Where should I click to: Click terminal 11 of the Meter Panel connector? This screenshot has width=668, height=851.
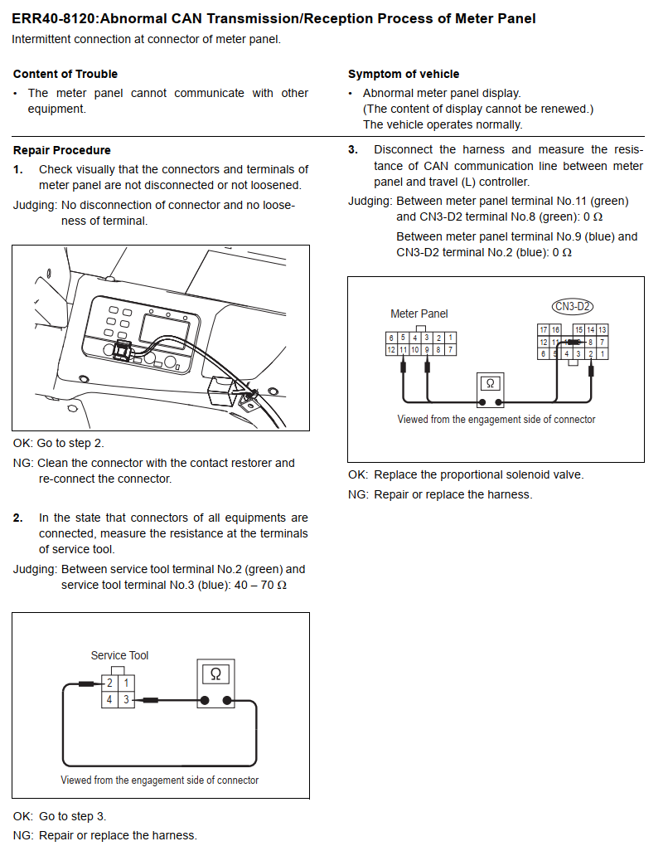[403, 350]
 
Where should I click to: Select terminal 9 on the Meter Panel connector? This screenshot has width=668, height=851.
[427, 350]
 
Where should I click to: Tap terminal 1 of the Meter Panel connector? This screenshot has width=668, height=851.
[450, 338]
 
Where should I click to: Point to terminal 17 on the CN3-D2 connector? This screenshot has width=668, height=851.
[544, 330]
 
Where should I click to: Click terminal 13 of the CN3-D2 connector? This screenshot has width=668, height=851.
[602, 330]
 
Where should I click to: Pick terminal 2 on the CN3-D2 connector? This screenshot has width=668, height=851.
[590, 354]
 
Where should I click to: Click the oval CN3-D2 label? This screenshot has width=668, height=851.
[573, 307]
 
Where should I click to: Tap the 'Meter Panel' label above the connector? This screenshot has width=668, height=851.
[419, 314]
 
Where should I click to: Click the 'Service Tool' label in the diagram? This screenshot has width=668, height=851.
[119, 655]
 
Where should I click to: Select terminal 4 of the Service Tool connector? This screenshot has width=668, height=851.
[109, 699]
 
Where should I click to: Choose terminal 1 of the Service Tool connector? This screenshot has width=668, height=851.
[126, 683]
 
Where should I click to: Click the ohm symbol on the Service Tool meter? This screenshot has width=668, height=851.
[215, 674]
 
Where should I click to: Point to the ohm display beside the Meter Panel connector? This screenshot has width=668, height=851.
[490, 384]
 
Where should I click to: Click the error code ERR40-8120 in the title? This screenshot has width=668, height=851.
[54, 18]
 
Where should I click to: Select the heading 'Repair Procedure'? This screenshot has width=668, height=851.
[62, 150]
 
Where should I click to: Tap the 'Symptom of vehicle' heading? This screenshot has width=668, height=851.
[404, 74]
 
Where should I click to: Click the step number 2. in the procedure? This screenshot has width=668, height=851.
[18, 518]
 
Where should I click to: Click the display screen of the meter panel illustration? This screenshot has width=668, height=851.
[165, 330]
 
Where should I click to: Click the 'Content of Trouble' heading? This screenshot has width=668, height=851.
[65, 74]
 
